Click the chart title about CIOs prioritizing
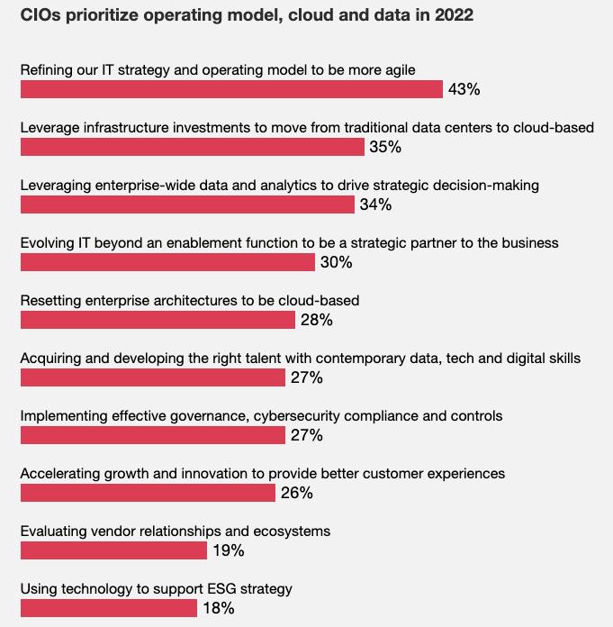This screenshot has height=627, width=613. [247, 15]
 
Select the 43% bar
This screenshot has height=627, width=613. [231, 89]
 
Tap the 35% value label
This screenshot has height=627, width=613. [384, 147]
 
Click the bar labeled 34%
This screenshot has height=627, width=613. [187, 204]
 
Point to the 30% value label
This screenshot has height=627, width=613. [336, 262]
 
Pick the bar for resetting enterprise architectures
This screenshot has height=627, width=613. [158, 320]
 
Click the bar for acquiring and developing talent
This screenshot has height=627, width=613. [153, 377]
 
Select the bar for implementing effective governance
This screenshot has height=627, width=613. [153, 435]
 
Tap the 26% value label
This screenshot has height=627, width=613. [296, 493]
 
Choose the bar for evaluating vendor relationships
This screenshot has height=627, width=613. [113, 550]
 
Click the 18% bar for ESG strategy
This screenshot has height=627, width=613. [109, 608]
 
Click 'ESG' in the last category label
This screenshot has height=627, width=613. [209, 588]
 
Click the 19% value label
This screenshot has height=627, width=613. [228, 550]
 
